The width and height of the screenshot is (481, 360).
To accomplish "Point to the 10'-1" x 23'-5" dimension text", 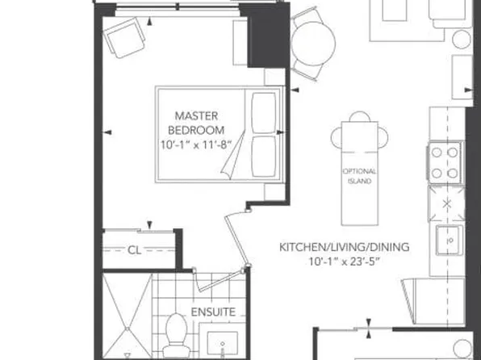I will click(x=344, y=262).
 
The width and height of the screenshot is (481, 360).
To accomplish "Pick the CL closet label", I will click(x=134, y=250).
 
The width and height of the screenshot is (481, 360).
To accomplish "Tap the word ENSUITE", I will click(x=213, y=312).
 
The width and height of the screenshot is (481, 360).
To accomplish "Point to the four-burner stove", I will click(x=445, y=164).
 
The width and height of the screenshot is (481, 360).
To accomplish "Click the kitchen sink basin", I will click(x=446, y=240).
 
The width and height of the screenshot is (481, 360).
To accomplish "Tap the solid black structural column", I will click(x=262, y=36).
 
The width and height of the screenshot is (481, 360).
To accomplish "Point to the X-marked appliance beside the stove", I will click(x=445, y=202).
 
